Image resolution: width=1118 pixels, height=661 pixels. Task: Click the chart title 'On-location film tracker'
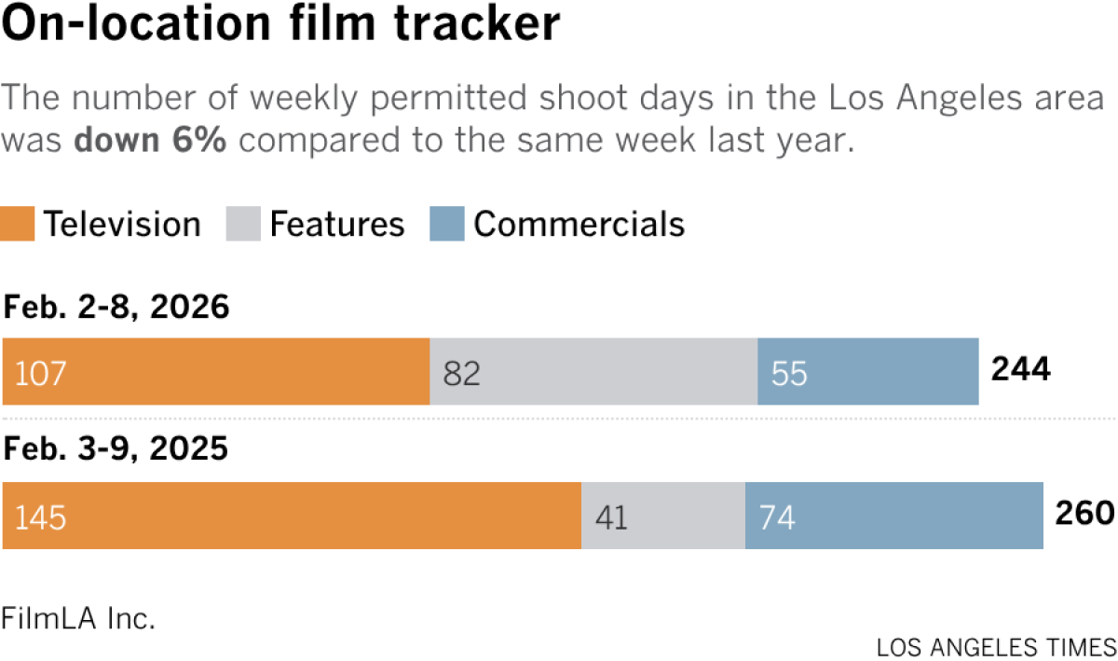coord(281,26)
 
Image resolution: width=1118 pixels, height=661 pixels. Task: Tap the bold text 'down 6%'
coord(149,141)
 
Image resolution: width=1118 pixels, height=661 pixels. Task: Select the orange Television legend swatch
coord(19,225)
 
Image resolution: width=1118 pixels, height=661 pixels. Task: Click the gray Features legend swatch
coord(242,225)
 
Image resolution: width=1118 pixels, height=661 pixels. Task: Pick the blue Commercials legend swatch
coord(446,225)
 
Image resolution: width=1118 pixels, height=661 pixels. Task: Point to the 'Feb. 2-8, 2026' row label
coord(116,307)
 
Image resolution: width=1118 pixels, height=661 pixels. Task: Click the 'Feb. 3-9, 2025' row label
coord(116,450)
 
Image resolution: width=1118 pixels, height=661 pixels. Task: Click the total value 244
coord(1020,370)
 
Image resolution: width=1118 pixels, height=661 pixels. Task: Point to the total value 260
coord(1084,514)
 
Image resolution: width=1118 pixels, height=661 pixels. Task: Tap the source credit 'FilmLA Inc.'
coord(78,618)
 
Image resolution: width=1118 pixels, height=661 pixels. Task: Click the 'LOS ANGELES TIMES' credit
coord(996,647)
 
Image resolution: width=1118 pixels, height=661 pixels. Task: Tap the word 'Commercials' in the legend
coord(579,225)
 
